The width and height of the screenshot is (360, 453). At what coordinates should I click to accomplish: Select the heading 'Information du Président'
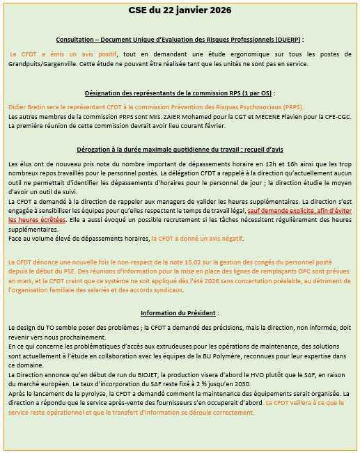[x=180, y=313]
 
